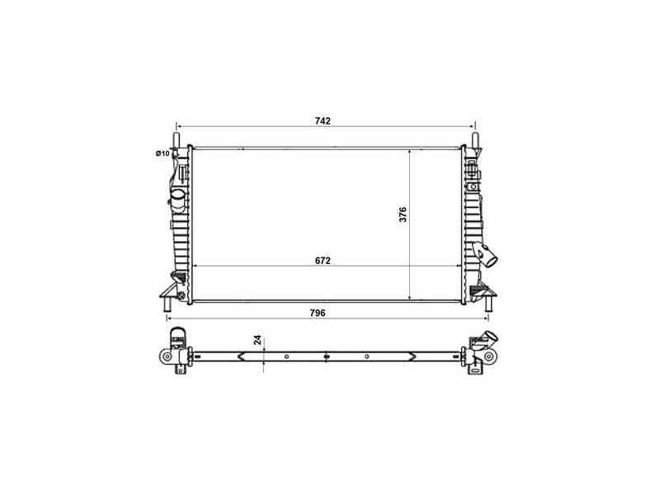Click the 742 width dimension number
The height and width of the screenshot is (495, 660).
click(x=323, y=121)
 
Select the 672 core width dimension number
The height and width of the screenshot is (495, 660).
click(x=323, y=261)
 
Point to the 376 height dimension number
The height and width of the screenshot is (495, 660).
click(x=403, y=214)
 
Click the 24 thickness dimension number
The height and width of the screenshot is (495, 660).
click(x=257, y=340)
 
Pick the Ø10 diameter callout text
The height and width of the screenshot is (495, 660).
click(x=162, y=153)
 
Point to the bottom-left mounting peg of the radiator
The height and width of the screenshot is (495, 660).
click(x=166, y=307)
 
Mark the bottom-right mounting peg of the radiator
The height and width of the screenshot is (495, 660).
click(x=487, y=307)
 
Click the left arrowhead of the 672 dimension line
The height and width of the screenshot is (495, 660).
click(x=195, y=266)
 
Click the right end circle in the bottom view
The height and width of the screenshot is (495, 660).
click(x=489, y=356)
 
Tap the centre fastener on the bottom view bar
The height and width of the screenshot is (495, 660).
click(x=327, y=356)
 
